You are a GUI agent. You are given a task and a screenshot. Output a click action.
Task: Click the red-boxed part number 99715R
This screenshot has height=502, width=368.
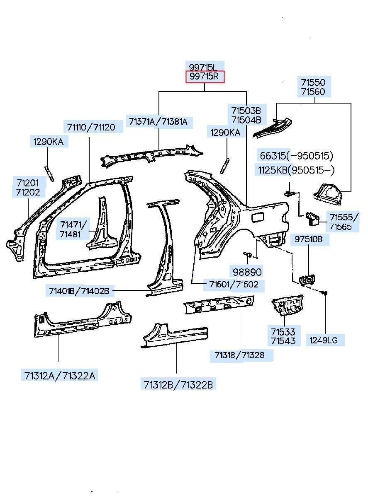[205, 77]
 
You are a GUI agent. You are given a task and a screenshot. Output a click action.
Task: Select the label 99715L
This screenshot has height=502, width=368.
[203, 67]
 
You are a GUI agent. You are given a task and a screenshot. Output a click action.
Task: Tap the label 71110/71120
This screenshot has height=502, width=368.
[91, 127]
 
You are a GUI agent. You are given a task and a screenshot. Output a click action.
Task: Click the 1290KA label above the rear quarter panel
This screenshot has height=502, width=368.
[225, 133]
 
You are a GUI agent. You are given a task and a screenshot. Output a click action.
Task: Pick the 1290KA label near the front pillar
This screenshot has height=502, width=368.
[49, 142]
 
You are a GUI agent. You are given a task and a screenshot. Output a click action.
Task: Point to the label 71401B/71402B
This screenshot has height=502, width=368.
[79, 291]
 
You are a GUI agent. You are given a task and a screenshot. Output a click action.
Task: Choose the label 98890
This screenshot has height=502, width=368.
[247, 272]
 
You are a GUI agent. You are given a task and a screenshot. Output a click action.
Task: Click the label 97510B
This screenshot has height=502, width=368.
[309, 239]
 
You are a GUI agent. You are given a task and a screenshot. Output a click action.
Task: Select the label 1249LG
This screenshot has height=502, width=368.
[324, 340]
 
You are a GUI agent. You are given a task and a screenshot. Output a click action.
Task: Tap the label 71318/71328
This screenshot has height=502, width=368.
[239, 355]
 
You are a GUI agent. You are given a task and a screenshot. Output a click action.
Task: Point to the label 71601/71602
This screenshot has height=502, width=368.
[234, 285]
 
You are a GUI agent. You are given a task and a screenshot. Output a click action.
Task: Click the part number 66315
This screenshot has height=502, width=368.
[273, 156]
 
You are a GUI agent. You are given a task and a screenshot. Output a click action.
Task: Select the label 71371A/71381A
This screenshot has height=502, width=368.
[158, 121]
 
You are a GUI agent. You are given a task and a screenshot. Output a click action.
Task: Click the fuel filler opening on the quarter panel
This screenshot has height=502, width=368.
[258, 217]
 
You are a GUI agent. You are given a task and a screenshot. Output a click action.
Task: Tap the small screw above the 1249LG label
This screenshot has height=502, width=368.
[325, 293]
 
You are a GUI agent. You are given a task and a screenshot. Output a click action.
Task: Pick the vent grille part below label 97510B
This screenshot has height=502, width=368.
[307, 280]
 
